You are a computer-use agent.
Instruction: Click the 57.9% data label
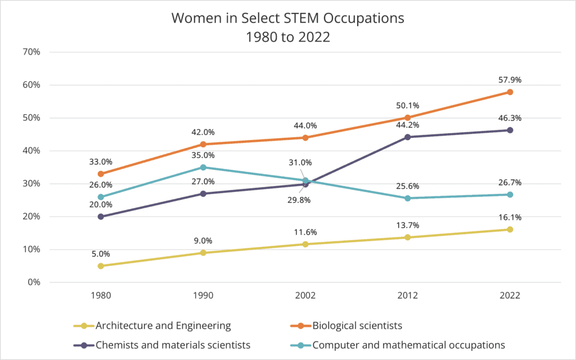[510, 80]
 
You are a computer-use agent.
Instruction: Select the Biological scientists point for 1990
[203, 144]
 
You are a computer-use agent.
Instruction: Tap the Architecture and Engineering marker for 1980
[101, 266]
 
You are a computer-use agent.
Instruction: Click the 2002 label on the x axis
[305, 296]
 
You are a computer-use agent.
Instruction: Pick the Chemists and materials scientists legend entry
[173, 344]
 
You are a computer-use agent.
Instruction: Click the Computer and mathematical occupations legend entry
[408, 344]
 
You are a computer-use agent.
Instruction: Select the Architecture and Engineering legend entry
[163, 325]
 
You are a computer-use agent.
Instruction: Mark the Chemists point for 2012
[408, 137]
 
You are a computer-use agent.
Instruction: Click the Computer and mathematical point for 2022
[510, 195]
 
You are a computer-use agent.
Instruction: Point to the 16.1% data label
[510, 217]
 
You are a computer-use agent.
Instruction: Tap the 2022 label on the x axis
[510, 296]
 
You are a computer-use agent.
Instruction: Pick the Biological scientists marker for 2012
[408, 118]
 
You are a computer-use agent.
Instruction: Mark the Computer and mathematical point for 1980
[101, 197]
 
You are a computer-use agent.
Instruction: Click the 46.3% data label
[510, 118]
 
